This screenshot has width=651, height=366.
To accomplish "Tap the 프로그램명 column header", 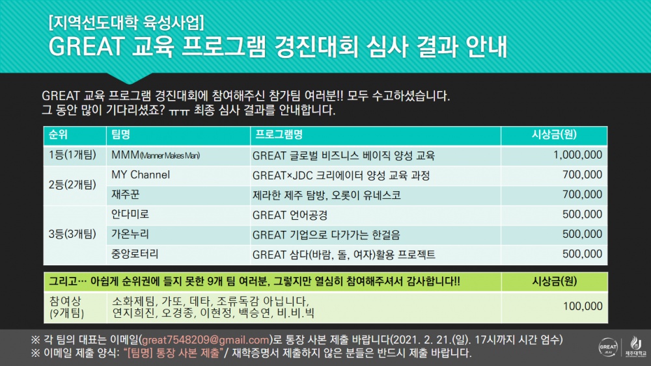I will coord(278,135).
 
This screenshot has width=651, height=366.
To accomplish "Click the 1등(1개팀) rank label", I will coord(72,155).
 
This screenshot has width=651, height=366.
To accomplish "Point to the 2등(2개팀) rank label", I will coord(72,185).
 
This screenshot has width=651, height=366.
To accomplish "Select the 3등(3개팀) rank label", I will coord(72,234).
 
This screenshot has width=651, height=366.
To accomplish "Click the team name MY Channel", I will coord(141,175).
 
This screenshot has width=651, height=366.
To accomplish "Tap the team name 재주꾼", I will coord(126,194).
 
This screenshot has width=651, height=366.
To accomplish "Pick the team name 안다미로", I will coord(131,215).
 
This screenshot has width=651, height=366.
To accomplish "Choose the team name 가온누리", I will coord(131,234).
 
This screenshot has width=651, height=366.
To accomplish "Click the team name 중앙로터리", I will coord(135,254).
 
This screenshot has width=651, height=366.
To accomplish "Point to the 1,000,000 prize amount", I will coord(577,155).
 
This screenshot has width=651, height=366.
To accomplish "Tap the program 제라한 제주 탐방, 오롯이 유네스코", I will coord(326,194).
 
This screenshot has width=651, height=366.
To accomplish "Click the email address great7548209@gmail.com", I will coord(206,339).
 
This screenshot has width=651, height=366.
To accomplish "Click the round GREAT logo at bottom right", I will coord(607,346).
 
